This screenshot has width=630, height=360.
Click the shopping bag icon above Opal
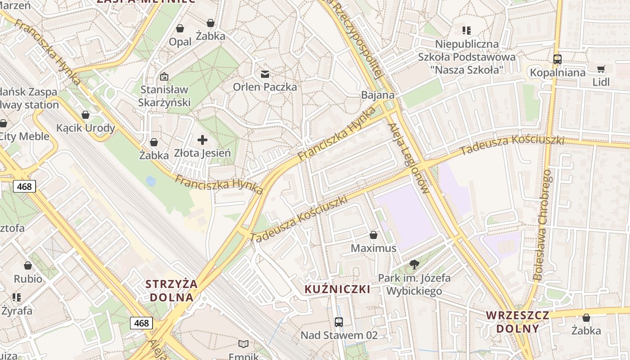coord(180,28)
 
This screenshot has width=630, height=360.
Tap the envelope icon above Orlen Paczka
coord(265,74)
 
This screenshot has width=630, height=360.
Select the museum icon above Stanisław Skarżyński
coord(164,77)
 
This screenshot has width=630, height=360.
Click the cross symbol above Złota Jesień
coord(202,139)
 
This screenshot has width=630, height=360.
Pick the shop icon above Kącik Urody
coord(85,115)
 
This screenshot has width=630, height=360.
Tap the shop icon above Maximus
coord(373,235)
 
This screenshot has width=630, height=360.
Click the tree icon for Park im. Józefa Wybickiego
coord(414,265)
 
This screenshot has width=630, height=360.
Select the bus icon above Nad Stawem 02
coord(339,322)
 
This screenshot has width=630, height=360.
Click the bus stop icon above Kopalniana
coord(557,59)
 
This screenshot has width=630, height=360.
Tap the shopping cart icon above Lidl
coord(601,69)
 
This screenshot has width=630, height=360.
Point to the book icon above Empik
coord(243,344)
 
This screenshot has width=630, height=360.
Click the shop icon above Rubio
coord(28,265)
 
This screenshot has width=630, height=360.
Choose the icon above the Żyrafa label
coord(17,297)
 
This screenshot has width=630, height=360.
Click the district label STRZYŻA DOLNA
coord(171,291)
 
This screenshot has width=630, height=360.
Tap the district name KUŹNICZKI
coord(337,289)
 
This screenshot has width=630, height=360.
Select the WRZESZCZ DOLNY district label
coord(517,321)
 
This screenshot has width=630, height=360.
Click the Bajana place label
coord(378,95)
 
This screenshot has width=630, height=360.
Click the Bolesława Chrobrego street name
coord(541,225)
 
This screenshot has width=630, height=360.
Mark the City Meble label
coord(25,136)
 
